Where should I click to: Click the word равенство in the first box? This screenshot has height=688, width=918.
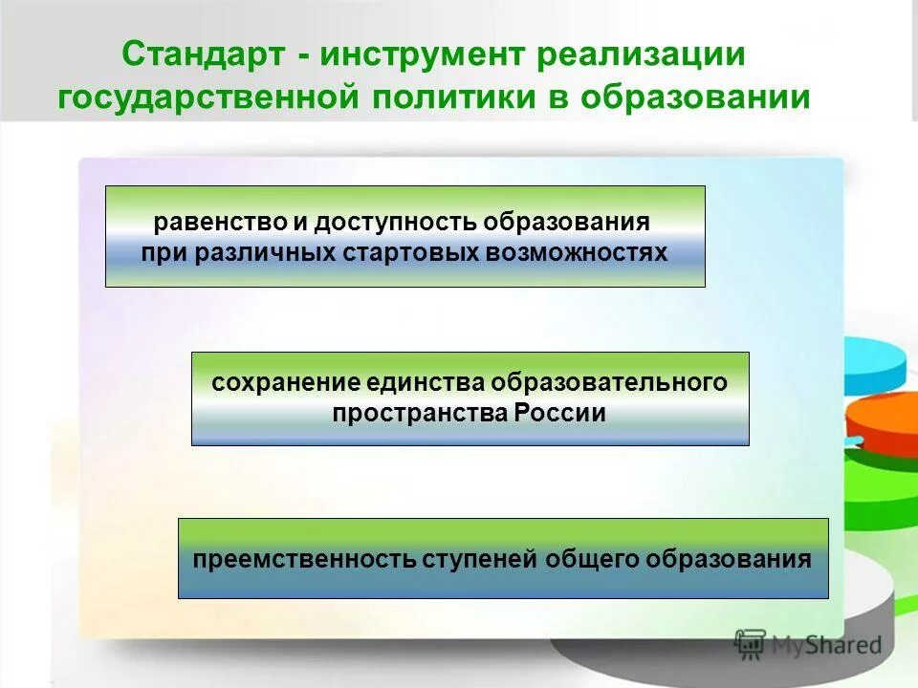point(219,223)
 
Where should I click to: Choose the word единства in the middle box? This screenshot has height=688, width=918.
point(425,383)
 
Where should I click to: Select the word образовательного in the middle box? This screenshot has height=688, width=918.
point(609,383)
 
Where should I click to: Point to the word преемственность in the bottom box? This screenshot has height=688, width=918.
point(304,559)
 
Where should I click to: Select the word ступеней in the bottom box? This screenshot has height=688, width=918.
point(480,559)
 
